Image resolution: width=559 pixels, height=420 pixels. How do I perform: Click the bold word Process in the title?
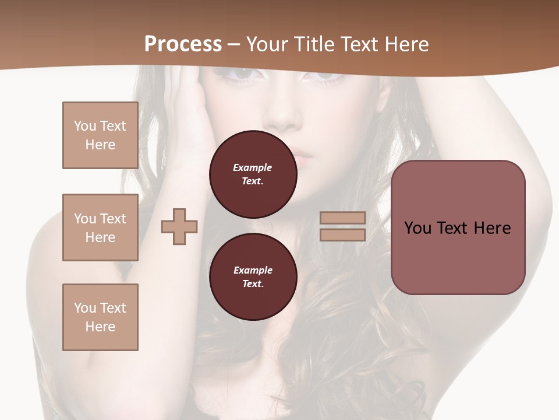[x=183, y=44]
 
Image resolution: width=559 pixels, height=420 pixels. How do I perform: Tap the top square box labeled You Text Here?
[x=100, y=135]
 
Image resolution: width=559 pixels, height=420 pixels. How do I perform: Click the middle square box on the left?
[x=100, y=228]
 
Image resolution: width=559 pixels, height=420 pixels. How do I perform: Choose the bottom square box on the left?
[x=100, y=317]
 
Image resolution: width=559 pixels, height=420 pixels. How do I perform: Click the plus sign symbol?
[x=179, y=226]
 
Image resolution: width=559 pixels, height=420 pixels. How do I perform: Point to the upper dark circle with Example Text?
[x=253, y=174]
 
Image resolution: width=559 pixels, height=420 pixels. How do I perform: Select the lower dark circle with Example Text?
[x=253, y=277]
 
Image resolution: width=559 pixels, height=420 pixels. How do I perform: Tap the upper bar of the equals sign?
[x=342, y=218]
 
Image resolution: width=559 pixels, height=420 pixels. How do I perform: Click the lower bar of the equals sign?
[x=342, y=235]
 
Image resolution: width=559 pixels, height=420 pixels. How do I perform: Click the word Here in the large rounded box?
[x=492, y=228]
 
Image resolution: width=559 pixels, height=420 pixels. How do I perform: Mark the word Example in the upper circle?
[x=253, y=167]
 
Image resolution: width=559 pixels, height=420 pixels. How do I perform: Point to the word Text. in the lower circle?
[x=253, y=284]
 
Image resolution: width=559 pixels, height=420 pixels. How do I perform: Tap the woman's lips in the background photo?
[x=303, y=156]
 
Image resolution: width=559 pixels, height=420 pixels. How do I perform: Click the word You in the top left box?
[x=84, y=126]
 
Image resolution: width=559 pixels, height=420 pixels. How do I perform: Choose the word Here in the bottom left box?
[x=100, y=327]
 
